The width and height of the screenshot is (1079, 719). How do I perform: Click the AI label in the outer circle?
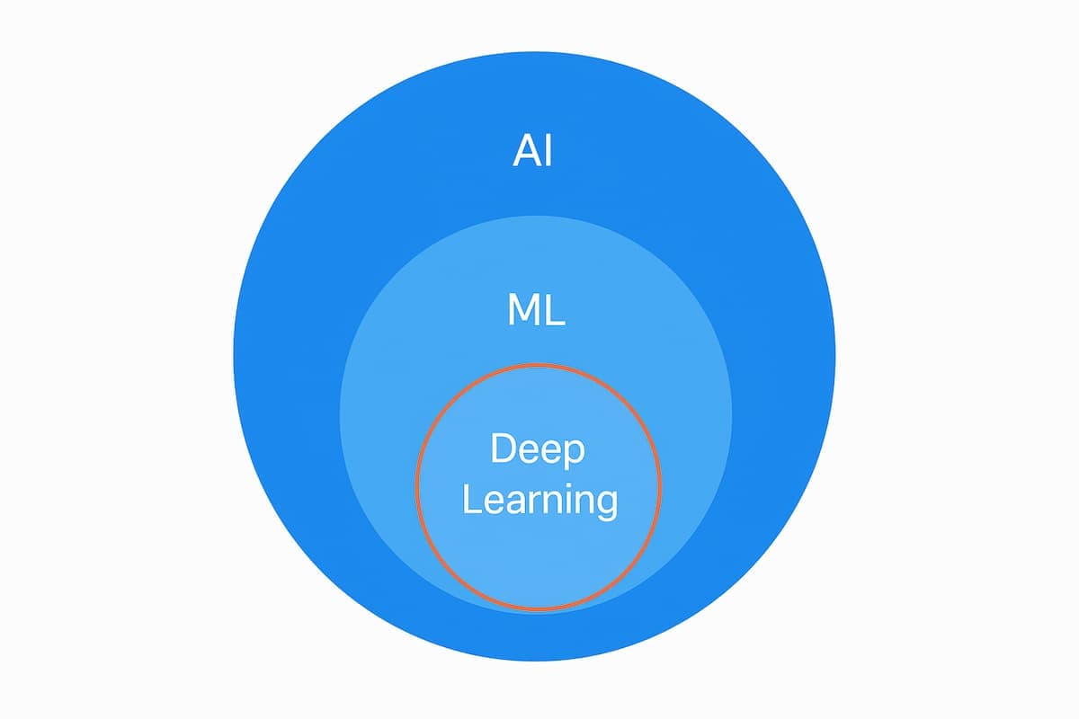(x=533, y=151)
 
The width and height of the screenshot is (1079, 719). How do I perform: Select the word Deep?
(x=538, y=448)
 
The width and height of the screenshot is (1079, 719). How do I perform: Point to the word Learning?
(x=539, y=500)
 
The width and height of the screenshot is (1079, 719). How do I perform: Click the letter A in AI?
(x=525, y=151)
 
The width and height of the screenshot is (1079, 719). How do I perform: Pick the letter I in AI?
(x=548, y=151)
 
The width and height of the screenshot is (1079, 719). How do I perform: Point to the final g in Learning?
(x=605, y=504)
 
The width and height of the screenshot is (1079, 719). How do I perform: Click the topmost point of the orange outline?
(x=538, y=364)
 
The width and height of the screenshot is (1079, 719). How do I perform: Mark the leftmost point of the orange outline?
(x=415, y=486)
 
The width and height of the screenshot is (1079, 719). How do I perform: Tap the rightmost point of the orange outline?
(x=661, y=486)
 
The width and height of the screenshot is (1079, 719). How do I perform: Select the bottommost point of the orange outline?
(x=538, y=609)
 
